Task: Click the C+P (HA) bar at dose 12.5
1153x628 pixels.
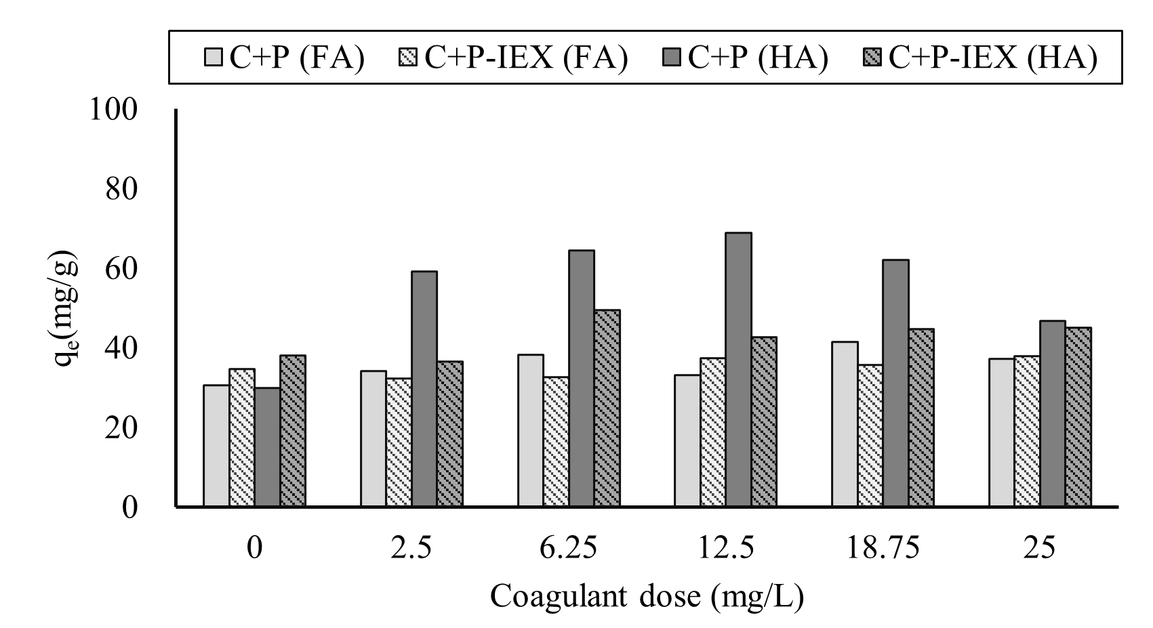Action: click(738, 369)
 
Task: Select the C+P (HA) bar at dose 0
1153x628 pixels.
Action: click(267, 447)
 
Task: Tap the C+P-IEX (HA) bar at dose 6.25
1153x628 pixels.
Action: click(607, 408)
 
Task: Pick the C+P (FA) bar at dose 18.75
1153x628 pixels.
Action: click(845, 424)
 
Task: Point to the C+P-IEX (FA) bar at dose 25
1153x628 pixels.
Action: click(1027, 431)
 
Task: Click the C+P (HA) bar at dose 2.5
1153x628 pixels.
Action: click(424, 389)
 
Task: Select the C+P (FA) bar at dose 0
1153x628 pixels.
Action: click(216, 446)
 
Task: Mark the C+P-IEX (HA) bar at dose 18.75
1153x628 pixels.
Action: click(921, 417)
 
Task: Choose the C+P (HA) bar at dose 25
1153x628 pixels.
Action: click(1053, 413)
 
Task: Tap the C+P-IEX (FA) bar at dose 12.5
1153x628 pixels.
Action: click(712, 432)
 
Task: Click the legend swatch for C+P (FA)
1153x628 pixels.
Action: click(213, 58)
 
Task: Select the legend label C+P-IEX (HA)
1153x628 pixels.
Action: click(992, 58)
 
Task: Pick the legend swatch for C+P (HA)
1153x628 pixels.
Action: click(673, 58)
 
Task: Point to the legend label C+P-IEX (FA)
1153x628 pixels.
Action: click(526, 58)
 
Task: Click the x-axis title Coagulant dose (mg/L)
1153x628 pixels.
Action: click(647, 597)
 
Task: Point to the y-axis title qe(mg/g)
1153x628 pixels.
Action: click(66, 308)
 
